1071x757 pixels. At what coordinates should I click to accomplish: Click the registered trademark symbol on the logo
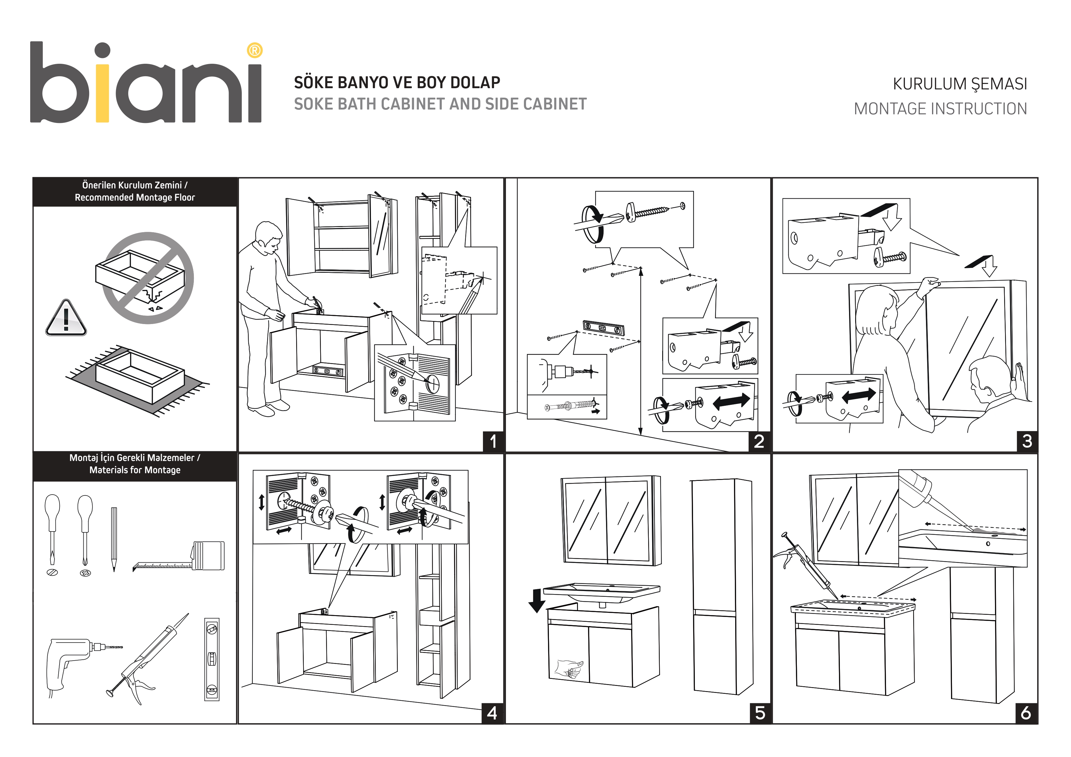[x=254, y=50]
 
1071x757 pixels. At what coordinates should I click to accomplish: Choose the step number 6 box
[x=1026, y=713]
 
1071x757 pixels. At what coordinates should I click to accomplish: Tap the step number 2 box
[x=759, y=441]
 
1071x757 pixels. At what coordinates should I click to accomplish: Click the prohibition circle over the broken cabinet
[x=148, y=278]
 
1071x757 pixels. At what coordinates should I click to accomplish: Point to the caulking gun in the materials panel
[x=145, y=662]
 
